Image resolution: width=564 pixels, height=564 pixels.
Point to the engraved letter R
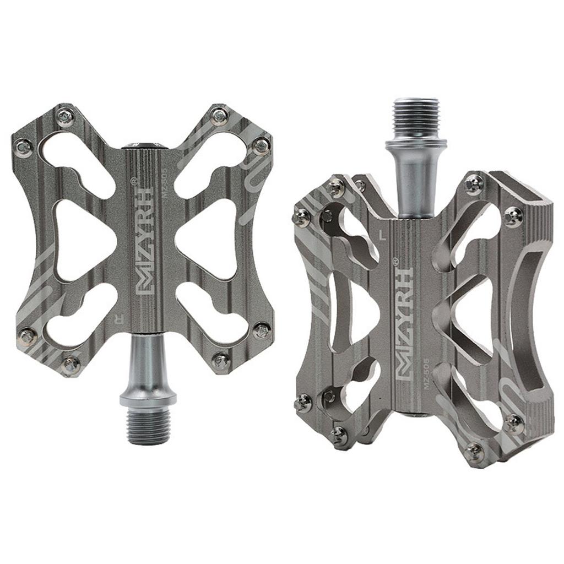117,318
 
